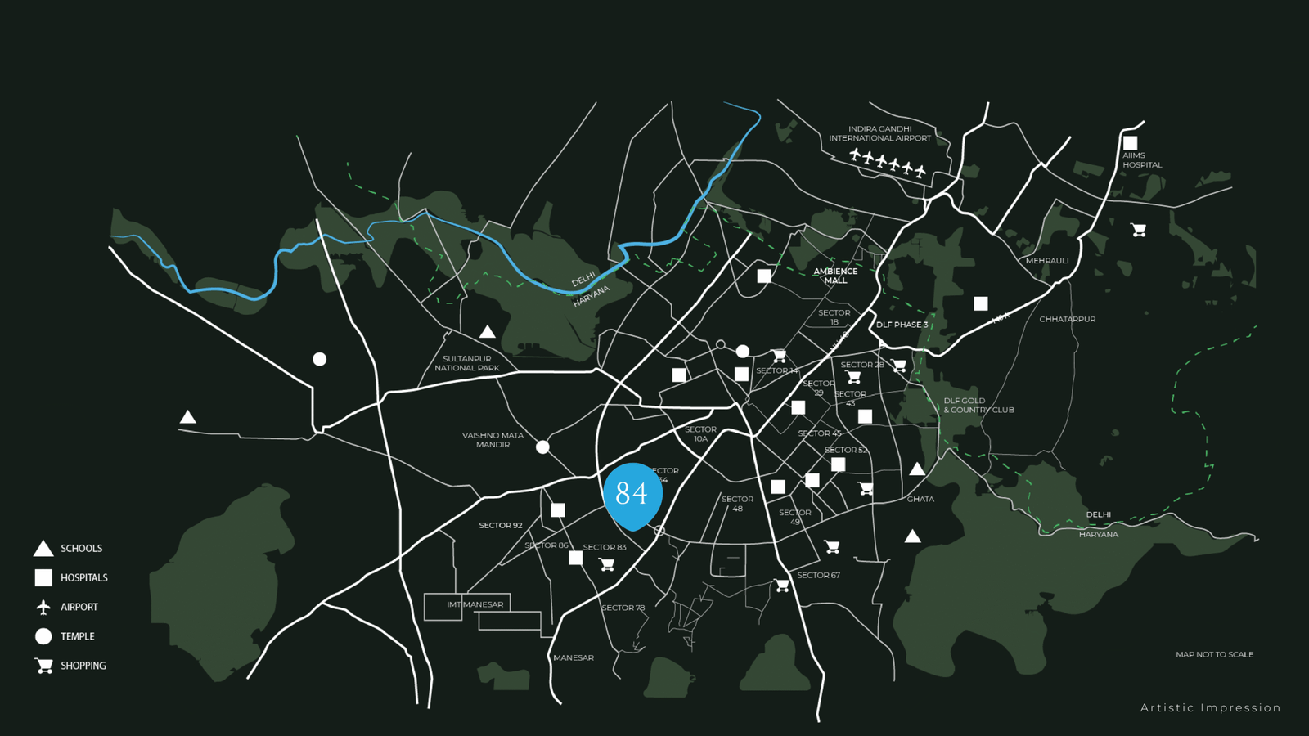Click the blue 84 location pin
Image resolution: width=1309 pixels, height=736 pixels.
tap(632, 493)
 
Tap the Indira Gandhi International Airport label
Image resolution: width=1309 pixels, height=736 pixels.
tap(879, 133)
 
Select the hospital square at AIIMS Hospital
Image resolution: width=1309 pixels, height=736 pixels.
tap(1130, 143)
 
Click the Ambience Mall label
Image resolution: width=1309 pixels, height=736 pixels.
tap(835, 276)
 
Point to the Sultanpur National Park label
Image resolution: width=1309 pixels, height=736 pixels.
tap(466, 363)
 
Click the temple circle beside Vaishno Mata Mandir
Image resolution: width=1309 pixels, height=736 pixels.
tap(542, 447)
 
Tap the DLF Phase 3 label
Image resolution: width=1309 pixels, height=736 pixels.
tap(902, 325)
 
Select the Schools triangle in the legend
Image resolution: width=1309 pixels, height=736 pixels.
tap(43, 549)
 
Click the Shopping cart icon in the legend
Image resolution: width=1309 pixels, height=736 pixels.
tap(44, 666)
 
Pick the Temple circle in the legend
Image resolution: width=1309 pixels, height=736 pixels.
tap(43, 636)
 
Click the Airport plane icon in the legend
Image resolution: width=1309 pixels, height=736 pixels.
tap(43, 607)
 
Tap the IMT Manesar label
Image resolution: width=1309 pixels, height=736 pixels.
tap(475, 604)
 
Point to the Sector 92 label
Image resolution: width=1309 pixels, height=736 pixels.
tap(500, 525)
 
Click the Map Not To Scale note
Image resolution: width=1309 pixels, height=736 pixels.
tap(1214, 654)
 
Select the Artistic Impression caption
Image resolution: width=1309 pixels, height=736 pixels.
tap(1210, 708)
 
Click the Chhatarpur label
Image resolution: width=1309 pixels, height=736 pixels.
tap(1067, 319)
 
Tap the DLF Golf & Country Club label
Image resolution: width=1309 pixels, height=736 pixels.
tap(978, 406)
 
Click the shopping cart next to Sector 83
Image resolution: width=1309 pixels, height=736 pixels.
tap(606, 564)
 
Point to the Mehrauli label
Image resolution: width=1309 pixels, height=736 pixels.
tap(1047, 261)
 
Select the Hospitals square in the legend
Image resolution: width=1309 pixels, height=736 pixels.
tap(43, 577)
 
